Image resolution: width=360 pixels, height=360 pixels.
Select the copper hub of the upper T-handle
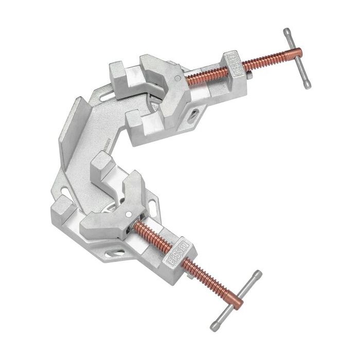tap(291, 53)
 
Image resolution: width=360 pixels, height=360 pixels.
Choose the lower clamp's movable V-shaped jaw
tap(116, 208)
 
